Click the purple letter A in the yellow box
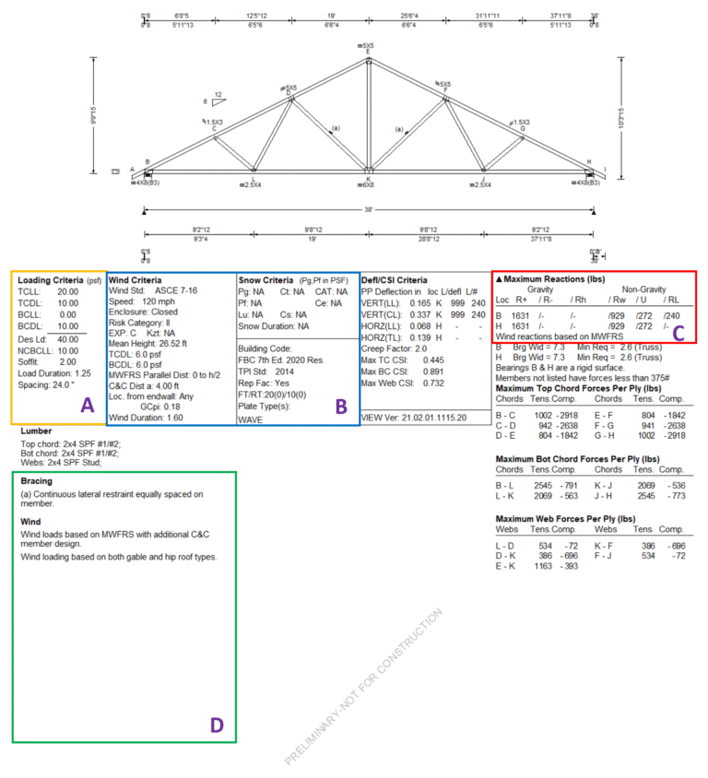[x=88, y=405]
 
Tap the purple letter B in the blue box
[x=339, y=405]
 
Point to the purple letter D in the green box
[x=216, y=725]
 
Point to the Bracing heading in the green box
[x=36, y=480]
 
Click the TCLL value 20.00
[x=65, y=291]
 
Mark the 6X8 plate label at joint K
[x=369, y=185]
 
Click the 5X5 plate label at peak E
[x=368, y=45]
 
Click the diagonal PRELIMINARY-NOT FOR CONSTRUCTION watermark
[x=363, y=687]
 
